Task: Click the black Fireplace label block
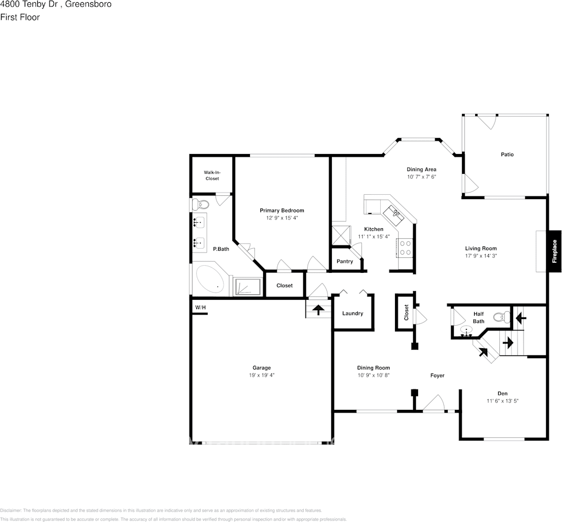(x=554, y=251)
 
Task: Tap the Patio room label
(x=507, y=155)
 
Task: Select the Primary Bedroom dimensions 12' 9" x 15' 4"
(x=281, y=218)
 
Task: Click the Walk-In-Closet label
(x=212, y=175)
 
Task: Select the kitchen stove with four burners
(x=405, y=248)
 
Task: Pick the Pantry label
(x=344, y=261)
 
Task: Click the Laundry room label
(x=352, y=314)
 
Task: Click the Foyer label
(x=437, y=376)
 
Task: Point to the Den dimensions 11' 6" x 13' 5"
(x=502, y=401)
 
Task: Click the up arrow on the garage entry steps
(x=318, y=310)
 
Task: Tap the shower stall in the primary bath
(x=248, y=287)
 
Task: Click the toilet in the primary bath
(x=201, y=205)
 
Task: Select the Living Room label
(x=481, y=249)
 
